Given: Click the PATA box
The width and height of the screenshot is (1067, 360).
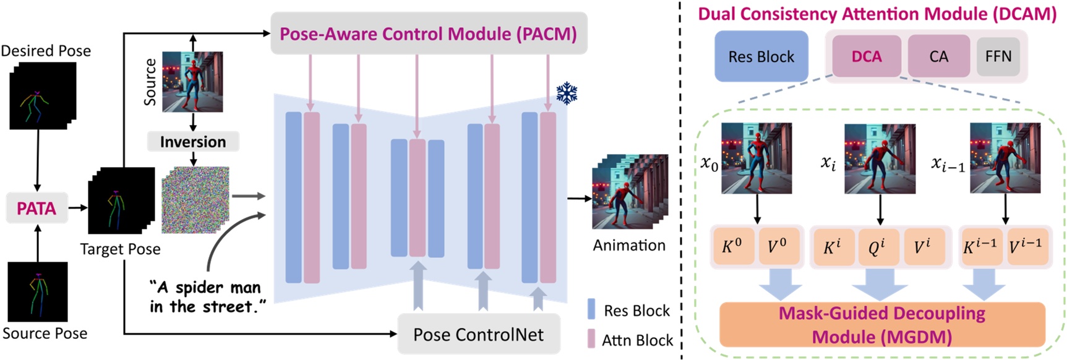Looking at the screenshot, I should pyautogui.click(x=36, y=208).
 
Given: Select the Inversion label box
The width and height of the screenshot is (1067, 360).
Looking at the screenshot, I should pyautogui.click(x=193, y=142).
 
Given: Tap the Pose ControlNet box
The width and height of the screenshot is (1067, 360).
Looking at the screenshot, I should pyautogui.click(x=478, y=335).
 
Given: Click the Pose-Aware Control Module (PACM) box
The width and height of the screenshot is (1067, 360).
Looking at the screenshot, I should pyautogui.click(x=429, y=33).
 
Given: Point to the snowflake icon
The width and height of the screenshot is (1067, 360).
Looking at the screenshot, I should pyautogui.click(x=567, y=93).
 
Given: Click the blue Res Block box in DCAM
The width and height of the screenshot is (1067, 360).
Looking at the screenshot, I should pyautogui.click(x=761, y=56).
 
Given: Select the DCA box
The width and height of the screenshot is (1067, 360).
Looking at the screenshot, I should pyautogui.click(x=866, y=56).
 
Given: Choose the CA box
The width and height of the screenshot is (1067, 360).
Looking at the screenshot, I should pyautogui.click(x=938, y=56).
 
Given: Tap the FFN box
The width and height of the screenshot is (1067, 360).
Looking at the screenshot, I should pyautogui.click(x=998, y=56).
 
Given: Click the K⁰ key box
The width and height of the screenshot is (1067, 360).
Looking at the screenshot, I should pyautogui.click(x=732, y=246).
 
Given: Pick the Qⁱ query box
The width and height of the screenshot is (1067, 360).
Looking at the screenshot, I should pyautogui.click(x=876, y=247).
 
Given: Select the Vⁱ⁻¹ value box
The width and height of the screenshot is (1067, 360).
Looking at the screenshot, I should pyautogui.click(x=1025, y=246).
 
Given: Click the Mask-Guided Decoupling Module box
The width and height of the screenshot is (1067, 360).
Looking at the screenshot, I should pyautogui.click(x=882, y=325).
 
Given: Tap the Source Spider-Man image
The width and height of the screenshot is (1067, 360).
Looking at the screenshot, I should pyautogui.click(x=192, y=82).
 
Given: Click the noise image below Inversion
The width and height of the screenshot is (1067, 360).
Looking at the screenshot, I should pyautogui.click(x=195, y=200).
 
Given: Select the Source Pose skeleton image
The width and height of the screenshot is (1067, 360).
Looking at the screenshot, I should pyautogui.click(x=38, y=291).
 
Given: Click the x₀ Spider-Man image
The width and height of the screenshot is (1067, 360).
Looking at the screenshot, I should pyautogui.click(x=756, y=158).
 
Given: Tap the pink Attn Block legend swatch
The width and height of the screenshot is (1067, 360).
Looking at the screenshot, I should pyautogui.click(x=591, y=339).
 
